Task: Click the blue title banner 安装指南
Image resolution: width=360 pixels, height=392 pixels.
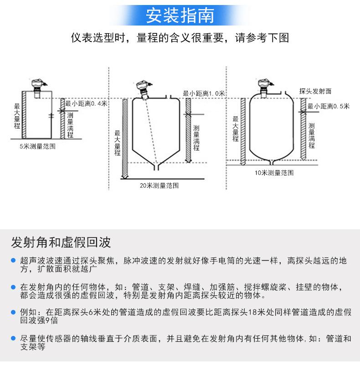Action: pyautogui.click(x=180, y=15)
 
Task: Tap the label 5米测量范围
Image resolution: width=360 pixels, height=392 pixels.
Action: pyautogui.click(x=37, y=147)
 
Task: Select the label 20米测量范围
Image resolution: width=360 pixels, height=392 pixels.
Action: pyautogui.click(x=159, y=186)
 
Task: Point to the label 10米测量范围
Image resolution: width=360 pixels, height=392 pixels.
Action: pyautogui.click(x=274, y=173)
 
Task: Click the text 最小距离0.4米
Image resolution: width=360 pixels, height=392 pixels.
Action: pyautogui.click(x=86, y=103)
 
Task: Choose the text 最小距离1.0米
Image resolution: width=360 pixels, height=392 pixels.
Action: pyautogui.click(x=204, y=93)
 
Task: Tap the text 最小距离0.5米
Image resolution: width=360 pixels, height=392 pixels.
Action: pyautogui.click(x=328, y=106)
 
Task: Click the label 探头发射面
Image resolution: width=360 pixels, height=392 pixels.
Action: pyautogui.click(x=315, y=91)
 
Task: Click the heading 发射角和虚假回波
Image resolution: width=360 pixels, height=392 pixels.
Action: pyautogui.click(x=61, y=242)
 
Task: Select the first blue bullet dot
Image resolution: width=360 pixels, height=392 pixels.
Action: pyautogui.click(x=14, y=260)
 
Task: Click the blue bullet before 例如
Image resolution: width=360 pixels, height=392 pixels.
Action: pyautogui.click(x=14, y=312)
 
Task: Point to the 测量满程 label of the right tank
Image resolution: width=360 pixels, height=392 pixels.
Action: pyautogui.click(x=312, y=135)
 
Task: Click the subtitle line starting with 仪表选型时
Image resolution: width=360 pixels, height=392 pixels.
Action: pyautogui.click(x=180, y=38)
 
